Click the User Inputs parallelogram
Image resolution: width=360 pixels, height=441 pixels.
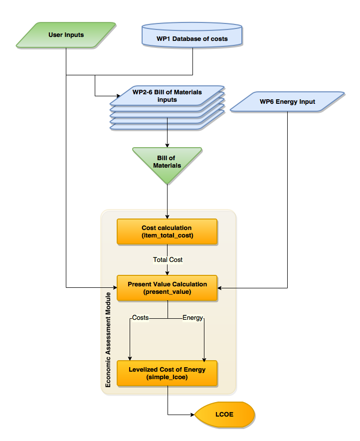point(66,35)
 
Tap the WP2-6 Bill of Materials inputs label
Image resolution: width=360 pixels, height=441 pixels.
point(167,96)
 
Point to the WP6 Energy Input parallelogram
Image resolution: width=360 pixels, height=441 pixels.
point(287,102)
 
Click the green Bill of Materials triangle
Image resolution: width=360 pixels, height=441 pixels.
point(167,162)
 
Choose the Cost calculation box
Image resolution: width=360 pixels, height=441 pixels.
point(167,231)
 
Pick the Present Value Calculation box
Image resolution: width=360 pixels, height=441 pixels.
point(167,288)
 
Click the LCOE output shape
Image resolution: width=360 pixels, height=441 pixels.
point(225,415)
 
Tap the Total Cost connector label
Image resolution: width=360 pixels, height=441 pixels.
point(168,259)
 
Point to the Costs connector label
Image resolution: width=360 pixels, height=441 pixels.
point(140,318)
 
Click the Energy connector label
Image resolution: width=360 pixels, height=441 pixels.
point(192,318)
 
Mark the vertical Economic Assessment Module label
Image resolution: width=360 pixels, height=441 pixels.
point(108,344)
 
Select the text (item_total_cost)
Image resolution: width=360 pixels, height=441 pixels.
point(167,235)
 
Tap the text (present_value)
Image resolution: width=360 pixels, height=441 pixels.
point(167,292)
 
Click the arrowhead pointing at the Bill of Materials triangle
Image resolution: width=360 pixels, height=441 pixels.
point(167,145)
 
